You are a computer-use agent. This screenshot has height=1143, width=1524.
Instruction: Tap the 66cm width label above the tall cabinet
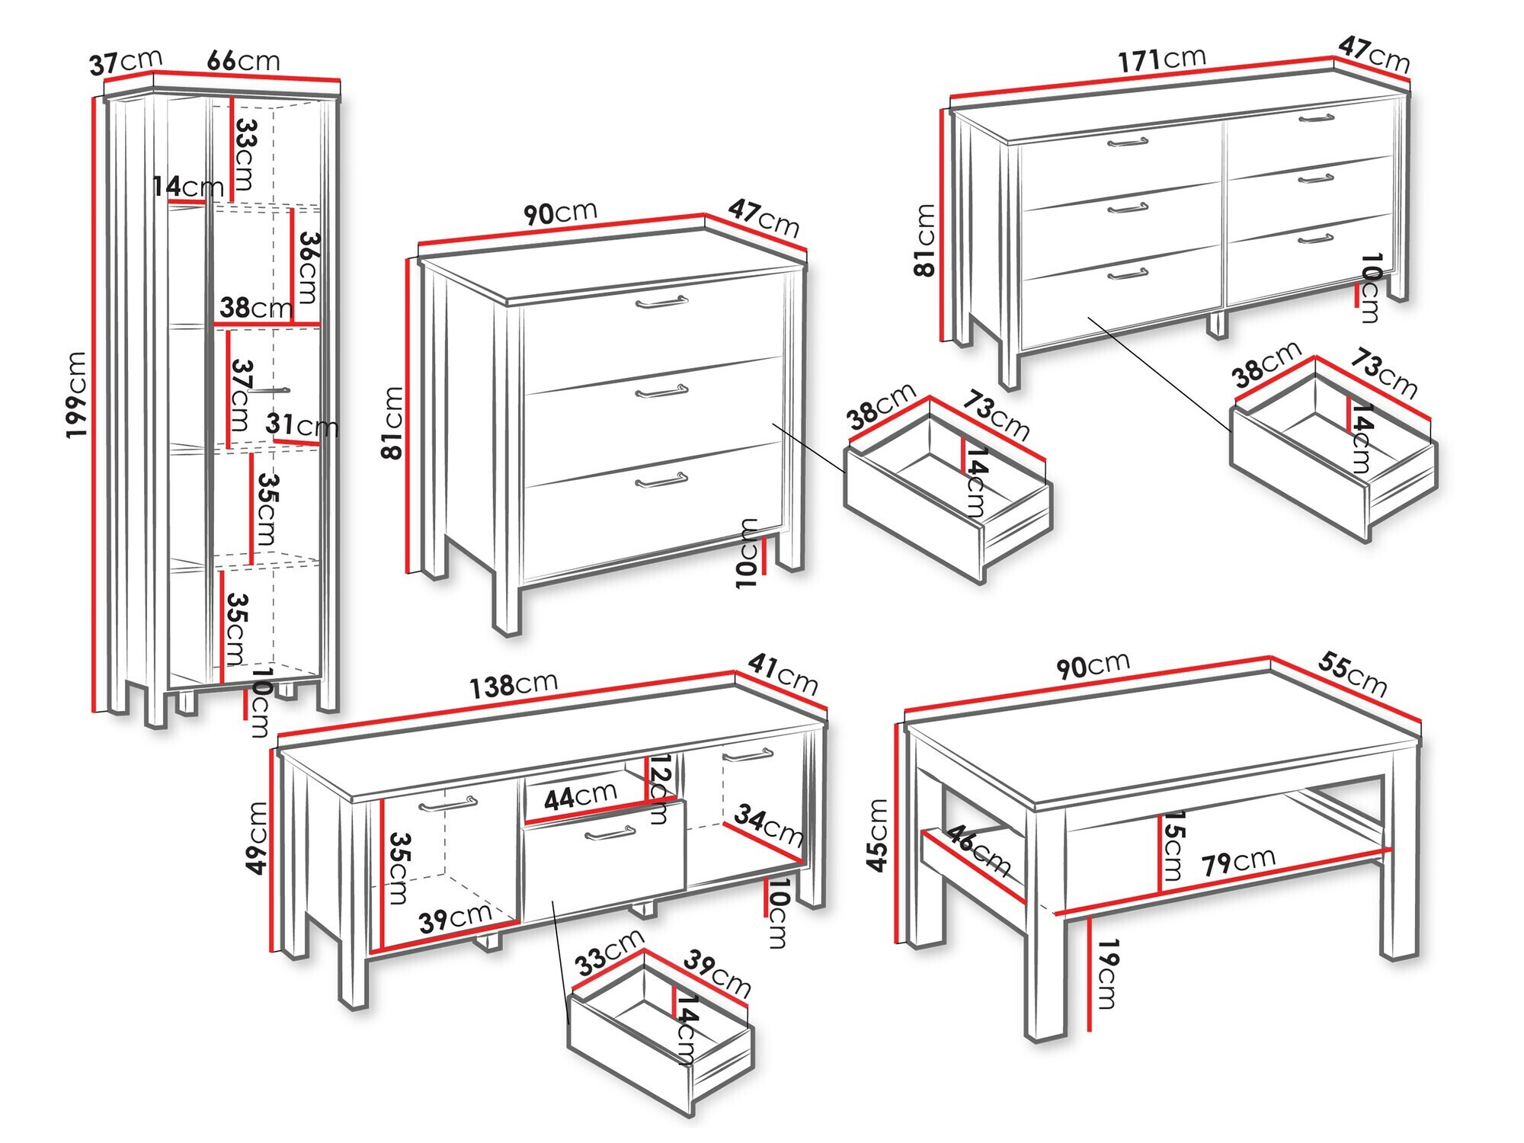(x=243, y=60)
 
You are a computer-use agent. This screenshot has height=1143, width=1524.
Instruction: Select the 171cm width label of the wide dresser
(x=1161, y=59)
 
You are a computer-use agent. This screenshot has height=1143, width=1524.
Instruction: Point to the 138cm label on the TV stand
(x=513, y=685)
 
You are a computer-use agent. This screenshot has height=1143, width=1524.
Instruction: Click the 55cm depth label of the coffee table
(x=1352, y=674)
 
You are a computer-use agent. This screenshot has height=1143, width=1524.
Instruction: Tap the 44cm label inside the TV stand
(x=580, y=796)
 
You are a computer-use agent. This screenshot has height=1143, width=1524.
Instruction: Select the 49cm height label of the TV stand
(x=258, y=837)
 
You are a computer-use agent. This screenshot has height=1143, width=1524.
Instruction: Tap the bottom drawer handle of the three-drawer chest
(x=661, y=480)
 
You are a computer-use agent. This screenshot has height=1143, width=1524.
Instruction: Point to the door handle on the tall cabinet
(x=268, y=390)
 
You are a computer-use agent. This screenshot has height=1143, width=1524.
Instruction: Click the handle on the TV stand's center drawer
(x=610, y=834)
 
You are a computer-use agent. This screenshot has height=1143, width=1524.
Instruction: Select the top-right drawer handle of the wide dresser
(x=1316, y=118)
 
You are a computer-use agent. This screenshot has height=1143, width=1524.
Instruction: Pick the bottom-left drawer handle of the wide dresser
(x=1128, y=274)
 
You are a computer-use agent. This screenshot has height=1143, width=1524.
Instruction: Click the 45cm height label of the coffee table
(x=878, y=834)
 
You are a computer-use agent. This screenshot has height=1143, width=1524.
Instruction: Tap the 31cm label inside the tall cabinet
(x=302, y=424)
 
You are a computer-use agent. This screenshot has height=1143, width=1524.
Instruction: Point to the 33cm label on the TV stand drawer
(x=610, y=952)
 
